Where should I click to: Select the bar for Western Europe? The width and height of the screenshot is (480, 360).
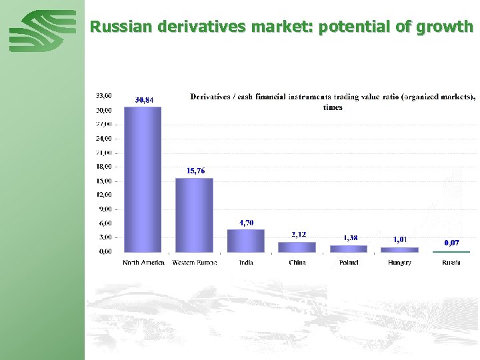click(194, 215)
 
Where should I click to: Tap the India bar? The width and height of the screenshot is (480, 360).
click(246, 241)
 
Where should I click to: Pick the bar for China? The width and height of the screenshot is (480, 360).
click(297, 247)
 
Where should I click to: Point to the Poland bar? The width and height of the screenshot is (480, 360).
click(348, 249)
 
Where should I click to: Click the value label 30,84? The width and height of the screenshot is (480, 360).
click(144, 100)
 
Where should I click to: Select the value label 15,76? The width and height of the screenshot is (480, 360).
click(195, 171)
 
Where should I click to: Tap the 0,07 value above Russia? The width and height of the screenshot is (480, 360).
click(452, 243)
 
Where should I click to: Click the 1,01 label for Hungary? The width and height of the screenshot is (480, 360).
click(400, 239)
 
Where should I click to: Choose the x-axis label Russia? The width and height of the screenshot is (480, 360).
click(451, 263)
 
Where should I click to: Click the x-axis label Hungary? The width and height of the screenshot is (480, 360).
click(399, 263)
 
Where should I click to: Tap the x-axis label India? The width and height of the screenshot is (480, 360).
click(246, 263)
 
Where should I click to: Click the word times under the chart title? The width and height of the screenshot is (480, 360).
click(333, 107)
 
